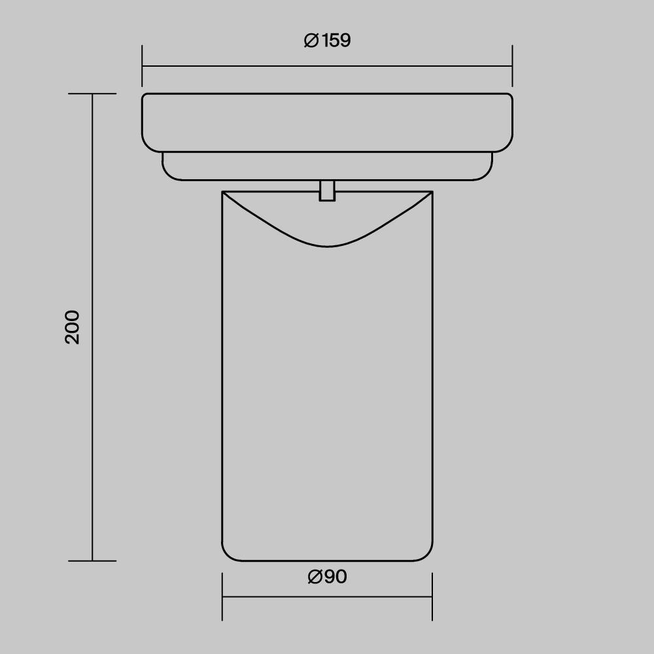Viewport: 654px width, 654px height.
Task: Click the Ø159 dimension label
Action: (328, 41)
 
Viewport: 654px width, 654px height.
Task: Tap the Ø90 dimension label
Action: (328, 576)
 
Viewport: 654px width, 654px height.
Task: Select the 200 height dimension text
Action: (72, 327)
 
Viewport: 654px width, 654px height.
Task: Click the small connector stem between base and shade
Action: (327, 190)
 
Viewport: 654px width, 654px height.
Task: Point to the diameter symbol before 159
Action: (311, 41)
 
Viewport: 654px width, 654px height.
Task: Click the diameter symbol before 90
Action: (315, 577)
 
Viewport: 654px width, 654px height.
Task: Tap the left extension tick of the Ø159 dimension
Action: (142, 66)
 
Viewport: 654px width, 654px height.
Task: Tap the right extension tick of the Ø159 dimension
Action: (512, 66)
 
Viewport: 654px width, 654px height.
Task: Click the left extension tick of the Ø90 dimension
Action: (222, 596)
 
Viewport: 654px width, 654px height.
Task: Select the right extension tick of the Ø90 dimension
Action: (432, 596)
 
